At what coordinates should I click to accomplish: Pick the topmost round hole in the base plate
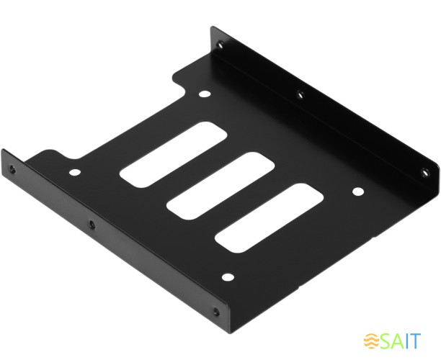205,94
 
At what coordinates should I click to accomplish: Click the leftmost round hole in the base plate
75,173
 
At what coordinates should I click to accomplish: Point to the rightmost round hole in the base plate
357,192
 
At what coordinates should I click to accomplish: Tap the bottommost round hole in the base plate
228,276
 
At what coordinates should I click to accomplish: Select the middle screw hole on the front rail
91,225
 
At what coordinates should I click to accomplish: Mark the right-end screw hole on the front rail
215,312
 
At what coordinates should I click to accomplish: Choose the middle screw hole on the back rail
300,92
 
